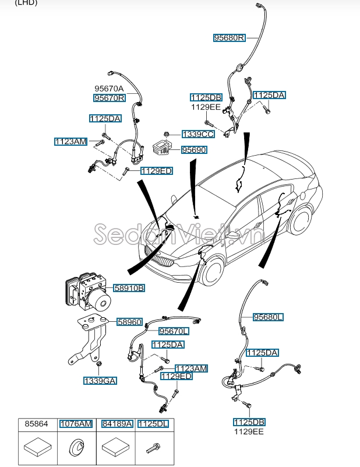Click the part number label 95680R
click(229, 38)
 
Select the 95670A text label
click(110, 89)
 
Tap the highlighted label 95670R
click(110, 99)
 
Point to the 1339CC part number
click(198, 134)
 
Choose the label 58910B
click(129, 288)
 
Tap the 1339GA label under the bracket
click(100, 381)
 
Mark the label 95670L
click(174, 331)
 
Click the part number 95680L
click(268, 317)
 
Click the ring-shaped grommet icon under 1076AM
click(75, 449)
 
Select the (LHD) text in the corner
click(26, 3)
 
